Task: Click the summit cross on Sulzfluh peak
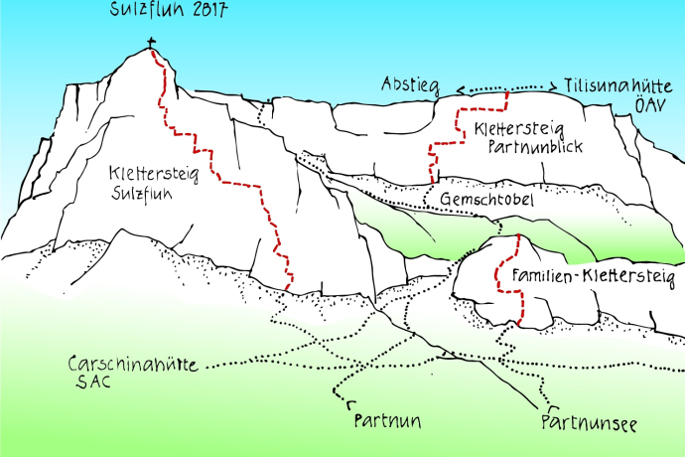tap(152, 44)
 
